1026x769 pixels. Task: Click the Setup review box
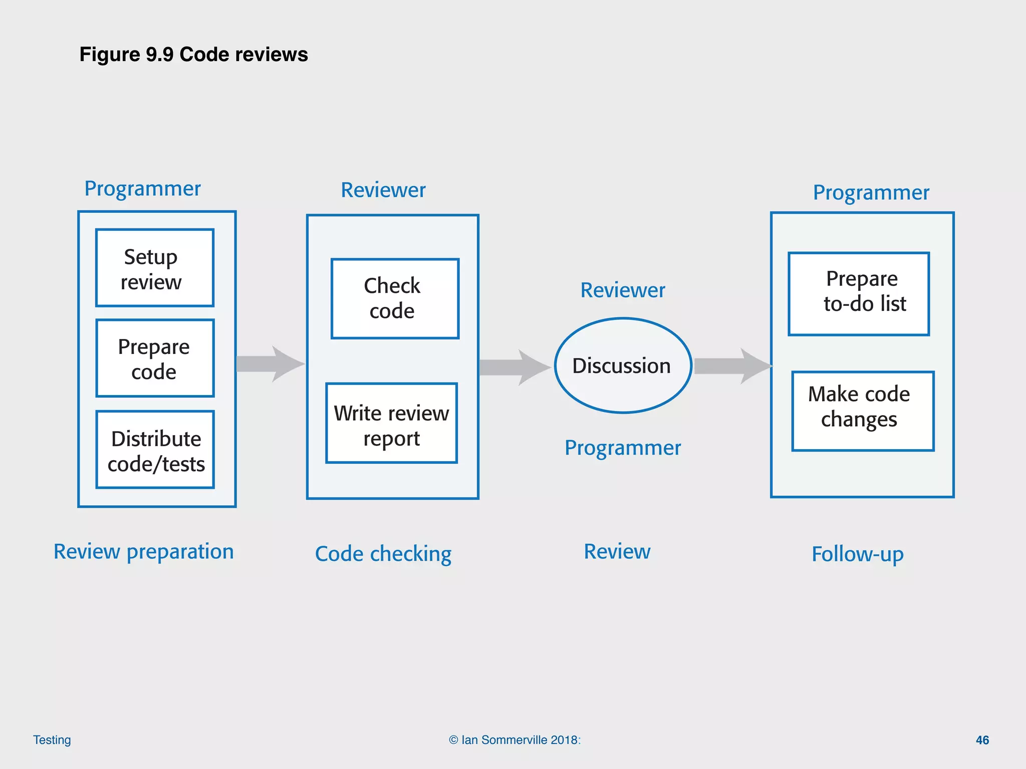154,268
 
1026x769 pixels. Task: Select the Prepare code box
154,358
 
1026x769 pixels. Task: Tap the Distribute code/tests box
155,450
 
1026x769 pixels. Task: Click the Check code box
395,299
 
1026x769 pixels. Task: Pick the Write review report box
391,424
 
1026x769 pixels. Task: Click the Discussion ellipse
623,365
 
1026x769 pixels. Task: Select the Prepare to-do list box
859,294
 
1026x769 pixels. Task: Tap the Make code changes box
863,411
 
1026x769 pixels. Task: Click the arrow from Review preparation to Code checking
271,364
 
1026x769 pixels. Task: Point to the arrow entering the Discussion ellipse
515,367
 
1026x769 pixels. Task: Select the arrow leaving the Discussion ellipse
732,366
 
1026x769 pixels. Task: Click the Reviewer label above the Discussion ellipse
623,290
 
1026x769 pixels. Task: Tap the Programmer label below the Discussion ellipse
623,448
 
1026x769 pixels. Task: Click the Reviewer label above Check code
383,190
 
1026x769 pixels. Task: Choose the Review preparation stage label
144,552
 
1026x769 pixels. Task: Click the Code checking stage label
383,554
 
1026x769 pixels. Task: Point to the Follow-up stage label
858,554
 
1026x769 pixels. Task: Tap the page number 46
982,740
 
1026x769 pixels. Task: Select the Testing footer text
52,740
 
